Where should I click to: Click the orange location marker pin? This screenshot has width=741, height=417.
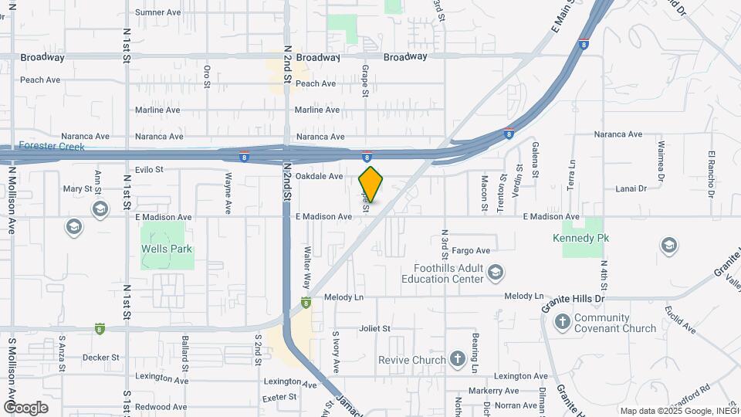click(x=370, y=185)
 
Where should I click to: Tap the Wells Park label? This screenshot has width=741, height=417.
click(x=166, y=249)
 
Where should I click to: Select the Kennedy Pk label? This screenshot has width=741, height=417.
click(x=581, y=238)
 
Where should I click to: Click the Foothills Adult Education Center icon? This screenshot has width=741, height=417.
click(x=496, y=273)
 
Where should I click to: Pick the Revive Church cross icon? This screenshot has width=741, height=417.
click(x=458, y=359)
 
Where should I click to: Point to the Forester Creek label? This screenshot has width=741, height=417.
click(x=52, y=146)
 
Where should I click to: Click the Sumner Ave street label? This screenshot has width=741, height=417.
click(x=157, y=12)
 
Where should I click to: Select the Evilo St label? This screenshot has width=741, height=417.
click(x=149, y=169)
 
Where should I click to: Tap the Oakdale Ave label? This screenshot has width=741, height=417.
click(x=319, y=176)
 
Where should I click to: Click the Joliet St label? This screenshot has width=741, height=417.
click(x=374, y=328)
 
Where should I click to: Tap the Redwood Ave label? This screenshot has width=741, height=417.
click(x=161, y=406)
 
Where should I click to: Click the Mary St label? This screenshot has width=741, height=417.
click(x=77, y=188)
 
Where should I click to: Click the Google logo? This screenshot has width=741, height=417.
click(x=25, y=408)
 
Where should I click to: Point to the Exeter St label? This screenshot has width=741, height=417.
click(x=279, y=397)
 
